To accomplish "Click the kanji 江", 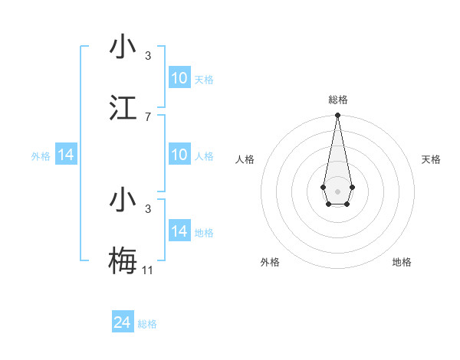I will pos(123,109).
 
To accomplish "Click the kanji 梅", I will pos(123,259).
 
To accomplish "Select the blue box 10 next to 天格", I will pos(179,78).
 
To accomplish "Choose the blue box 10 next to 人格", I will pos(179,155).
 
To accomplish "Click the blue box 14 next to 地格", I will pos(179,231).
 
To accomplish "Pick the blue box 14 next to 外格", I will pos(66,155).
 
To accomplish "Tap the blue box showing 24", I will pos(122,322).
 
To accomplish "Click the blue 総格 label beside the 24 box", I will pos(147,324).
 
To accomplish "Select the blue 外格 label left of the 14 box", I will pos(41,156).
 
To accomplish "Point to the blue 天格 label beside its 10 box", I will pos(204,80).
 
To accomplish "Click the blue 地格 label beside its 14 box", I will pos(204,233).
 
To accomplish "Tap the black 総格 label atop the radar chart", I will pos(337,100).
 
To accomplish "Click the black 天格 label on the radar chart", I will pos(431,159).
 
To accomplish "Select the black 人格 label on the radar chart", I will pos(245,159).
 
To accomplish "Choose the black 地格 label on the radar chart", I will pos(402,262).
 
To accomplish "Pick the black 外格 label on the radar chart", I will pos(270,262).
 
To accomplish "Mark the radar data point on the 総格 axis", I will pos(337,116).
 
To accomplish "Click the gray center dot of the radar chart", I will pos(337,191).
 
